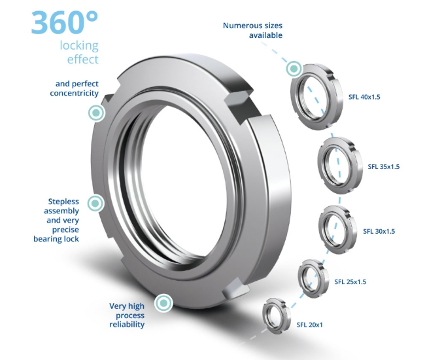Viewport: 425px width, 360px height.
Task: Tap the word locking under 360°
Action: coord(79,46)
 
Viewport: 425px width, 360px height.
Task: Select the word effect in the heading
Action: coord(83,60)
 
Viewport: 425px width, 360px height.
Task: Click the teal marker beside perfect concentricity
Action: coord(97,113)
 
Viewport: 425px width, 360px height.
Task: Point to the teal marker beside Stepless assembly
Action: coord(97,204)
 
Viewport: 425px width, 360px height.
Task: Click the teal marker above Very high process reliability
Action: coord(163,302)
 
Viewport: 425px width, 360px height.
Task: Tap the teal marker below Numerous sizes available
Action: coord(294,68)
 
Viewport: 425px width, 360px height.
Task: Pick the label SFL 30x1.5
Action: coord(379,231)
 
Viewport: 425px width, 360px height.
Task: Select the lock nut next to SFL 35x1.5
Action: coord(338,165)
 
